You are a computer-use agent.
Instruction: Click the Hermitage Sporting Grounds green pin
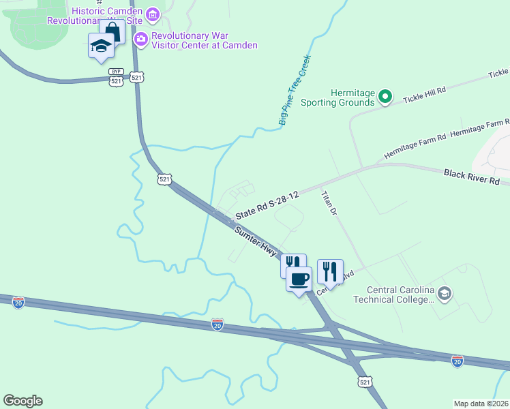point(385,97)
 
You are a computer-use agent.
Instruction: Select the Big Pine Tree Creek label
point(295,90)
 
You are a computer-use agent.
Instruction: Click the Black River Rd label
point(472,177)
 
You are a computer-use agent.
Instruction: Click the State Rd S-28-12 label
point(267,205)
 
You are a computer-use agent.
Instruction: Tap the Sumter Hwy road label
point(256,241)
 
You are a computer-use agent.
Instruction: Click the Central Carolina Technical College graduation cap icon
point(445,293)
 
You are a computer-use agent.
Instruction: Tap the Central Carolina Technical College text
point(401,294)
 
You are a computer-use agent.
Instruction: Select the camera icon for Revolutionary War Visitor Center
point(141,39)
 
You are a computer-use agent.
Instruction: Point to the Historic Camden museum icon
point(153,14)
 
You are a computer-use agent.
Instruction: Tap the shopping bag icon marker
point(112,31)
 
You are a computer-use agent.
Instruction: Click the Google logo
point(22,401)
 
